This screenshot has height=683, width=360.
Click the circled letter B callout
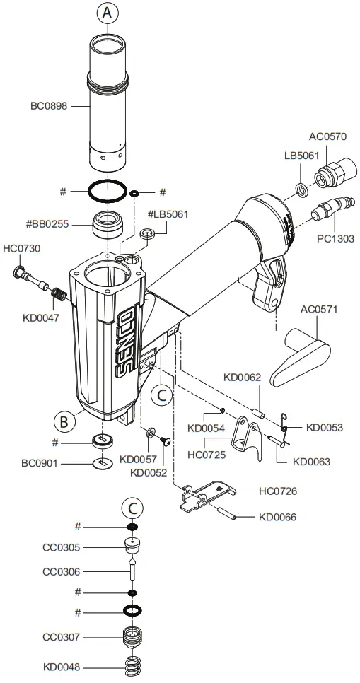pyautogui.click(x=64, y=421)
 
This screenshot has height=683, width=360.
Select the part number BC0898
pyautogui.click(x=49, y=106)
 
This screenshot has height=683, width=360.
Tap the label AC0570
pyautogui.click(x=328, y=136)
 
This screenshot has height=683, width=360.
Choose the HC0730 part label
pyautogui.click(x=22, y=248)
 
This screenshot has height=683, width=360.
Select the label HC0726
pyautogui.click(x=278, y=491)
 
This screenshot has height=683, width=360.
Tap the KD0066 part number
pyautogui.click(x=278, y=517)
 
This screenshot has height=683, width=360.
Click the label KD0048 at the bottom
pyautogui.click(x=62, y=666)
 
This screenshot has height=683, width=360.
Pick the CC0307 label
pyautogui.click(x=62, y=637)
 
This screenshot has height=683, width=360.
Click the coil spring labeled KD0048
pyautogui.click(x=132, y=666)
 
